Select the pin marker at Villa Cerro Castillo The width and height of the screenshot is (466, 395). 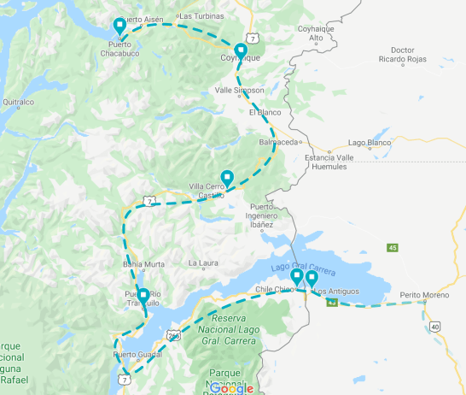click(x=227, y=179)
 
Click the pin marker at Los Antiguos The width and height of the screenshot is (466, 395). click(x=312, y=279)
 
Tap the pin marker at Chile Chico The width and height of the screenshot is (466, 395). click(x=296, y=278)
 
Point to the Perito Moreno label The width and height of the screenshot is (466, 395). click(x=423, y=295)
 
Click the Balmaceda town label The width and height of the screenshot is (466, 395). click(x=278, y=142)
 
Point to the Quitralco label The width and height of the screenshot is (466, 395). click(x=18, y=102)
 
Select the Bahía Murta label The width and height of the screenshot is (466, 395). click(x=143, y=263)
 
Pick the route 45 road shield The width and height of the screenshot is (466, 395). click(x=393, y=248)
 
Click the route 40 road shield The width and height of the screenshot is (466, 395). click(x=435, y=327)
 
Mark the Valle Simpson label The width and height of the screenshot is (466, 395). click(x=240, y=90)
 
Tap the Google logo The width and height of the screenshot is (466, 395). click(x=230, y=388)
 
